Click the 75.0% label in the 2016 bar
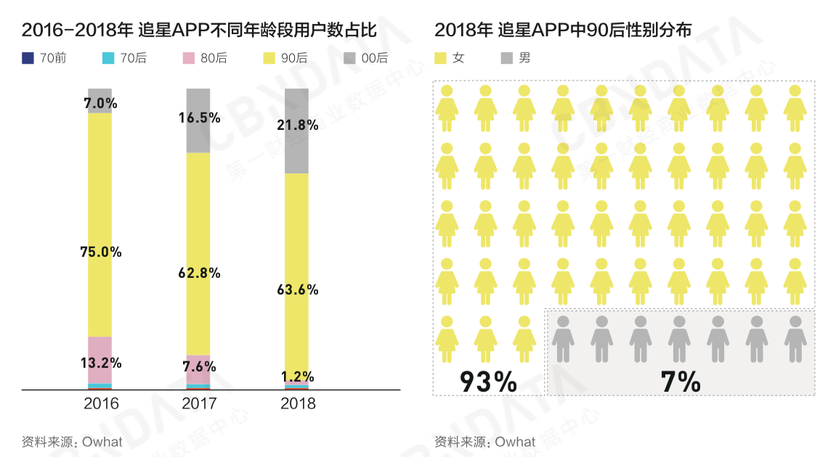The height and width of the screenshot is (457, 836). (x=100, y=252)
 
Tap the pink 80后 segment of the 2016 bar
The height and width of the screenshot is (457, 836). (x=100, y=348)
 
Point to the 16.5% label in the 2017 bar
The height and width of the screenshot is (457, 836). (x=199, y=118)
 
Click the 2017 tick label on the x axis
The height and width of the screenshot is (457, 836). (x=199, y=404)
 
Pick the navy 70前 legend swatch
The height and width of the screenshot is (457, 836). (x=28, y=58)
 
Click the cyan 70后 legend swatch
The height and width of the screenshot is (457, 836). (x=107, y=58)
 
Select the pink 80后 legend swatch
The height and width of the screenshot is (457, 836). (x=188, y=58)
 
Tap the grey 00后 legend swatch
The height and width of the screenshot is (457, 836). (x=349, y=58)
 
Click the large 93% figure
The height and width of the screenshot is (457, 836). (x=488, y=382)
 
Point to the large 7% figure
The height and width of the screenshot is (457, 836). (x=681, y=382)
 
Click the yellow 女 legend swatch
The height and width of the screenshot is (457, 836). (x=440, y=58)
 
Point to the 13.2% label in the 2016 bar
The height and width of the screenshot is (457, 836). (x=100, y=363)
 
